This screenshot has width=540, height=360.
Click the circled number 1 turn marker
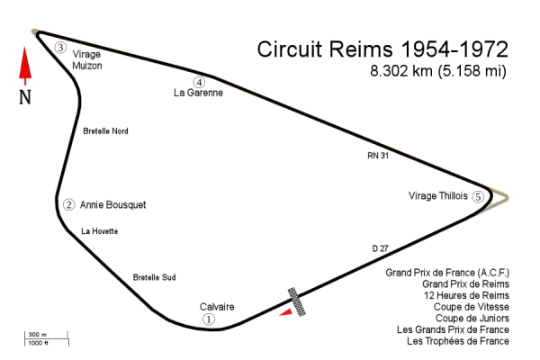click(x=210, y=319)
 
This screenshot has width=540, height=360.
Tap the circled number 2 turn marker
click(x=68, y=204)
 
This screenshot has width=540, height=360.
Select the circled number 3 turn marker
click(x=60, y=48)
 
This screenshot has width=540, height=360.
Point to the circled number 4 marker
click(x=199, y=83)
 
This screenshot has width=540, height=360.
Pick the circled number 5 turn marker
click(x=478, y=196)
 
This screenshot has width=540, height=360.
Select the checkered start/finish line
click(x=296, y=301)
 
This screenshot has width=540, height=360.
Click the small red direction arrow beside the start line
click(x=286, y=312)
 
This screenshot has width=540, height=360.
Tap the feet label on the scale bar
click(x=36, y=343)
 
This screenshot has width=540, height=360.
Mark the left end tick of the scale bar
click(x=25, y=338)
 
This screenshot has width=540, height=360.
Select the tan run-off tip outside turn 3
click(x=35, y=32)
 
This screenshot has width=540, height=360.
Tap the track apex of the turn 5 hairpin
click(x=491, y=200)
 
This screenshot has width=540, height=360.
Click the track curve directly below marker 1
click(x=211, y=330)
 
